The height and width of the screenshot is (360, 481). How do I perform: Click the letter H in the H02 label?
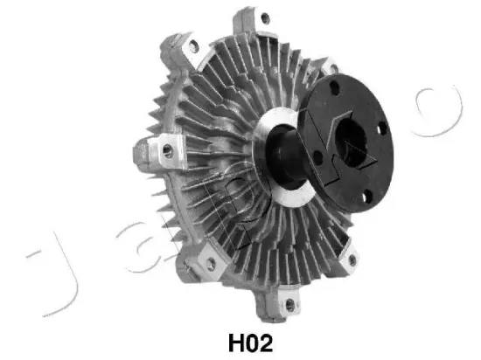click(236, 343)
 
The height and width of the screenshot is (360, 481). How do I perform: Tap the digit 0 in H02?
click(253, 343)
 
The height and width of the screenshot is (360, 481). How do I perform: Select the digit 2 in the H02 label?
click(267, 343)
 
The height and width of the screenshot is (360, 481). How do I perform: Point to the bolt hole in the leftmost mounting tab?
click(168, 150)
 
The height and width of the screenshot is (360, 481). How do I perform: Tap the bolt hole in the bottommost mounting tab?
click(289, 305)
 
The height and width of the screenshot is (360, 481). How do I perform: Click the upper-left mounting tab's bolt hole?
click(193, 46)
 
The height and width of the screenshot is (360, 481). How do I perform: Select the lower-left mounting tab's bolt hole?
click(211, 264)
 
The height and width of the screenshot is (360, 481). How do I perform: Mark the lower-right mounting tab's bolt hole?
click(352, 260)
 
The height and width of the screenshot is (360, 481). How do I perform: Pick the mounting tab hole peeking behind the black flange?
click(333, 68)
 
